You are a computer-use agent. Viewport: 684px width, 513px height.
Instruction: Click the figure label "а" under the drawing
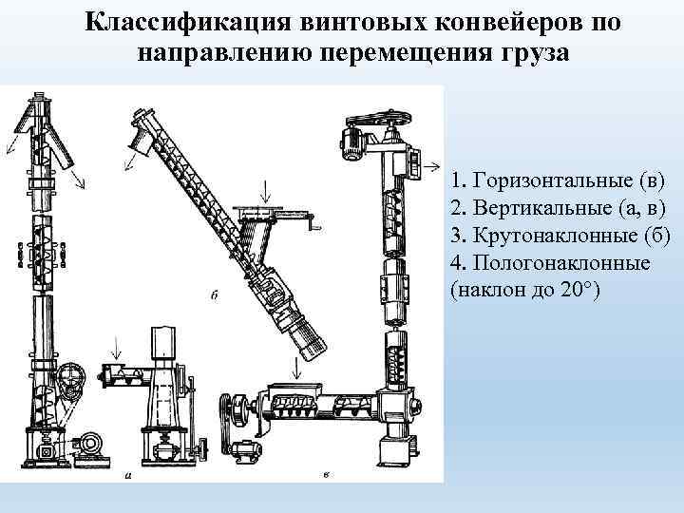click(128, 475)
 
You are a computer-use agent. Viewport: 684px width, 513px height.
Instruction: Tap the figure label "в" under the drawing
click(326, 474)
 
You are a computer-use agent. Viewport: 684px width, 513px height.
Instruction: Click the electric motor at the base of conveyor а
click(89, 445)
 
